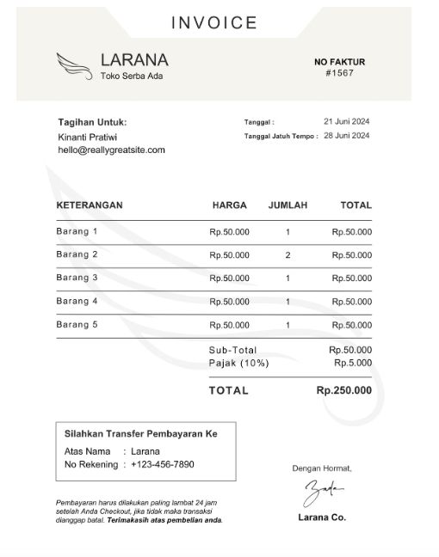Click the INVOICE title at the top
pyautogui.click(x=214, y=23)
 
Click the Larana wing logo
pyautogui.click(x=75, y=65)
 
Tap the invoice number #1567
pyautogui.click(x=340, y=73)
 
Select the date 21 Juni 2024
pyautogui.click(x=346, y=121)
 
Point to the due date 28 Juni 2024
pyautogui.click(x=346, y=136)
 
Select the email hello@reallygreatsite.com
pyautogui.click(x=111, y=150)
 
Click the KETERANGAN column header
pyautogui.click(x=90, y=205)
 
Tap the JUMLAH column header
pyautogui.click(x=288, y=205)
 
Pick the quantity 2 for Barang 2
pyautogui.click(x=288, y=255)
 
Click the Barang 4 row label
pyautogui.click(x=77, y=301)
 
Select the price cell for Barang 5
pyautogui.click(x=229, y=325)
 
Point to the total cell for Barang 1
pyautogui.click(x=352, y=232)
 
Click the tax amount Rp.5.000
pyautogui.click(x=353, y=363)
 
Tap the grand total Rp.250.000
pyautogui.click(x=344, y=390)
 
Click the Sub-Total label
pyautogui.click(x=232, y=350)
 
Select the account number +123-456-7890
pyautogui.click(x=162, y=464)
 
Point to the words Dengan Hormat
pyautogui.click(x=322, y=468)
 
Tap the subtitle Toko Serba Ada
pyautogui.click(x=131, y=76)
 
